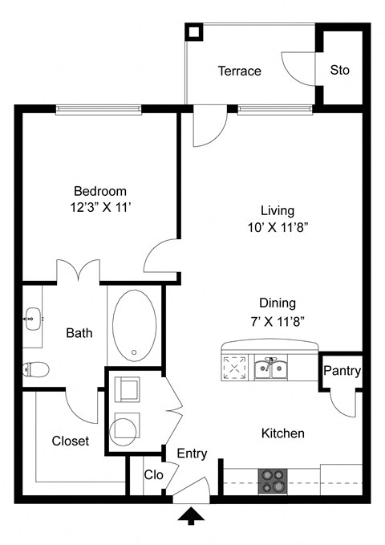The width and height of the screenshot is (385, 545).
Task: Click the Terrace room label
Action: click(x=239, y=71)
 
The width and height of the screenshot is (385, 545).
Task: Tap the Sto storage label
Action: click(x=340, y=70)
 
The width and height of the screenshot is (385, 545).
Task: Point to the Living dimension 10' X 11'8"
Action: click(x=278, y=226)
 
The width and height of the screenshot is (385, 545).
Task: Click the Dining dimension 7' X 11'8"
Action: click(x=278, y=321)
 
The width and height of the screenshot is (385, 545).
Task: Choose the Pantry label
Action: click(x=342, y=372)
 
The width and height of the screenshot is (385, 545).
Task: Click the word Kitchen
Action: click(x=283, y=433)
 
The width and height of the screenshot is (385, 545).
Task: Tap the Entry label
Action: click(x=192, y=453)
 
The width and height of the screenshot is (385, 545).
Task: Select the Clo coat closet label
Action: click(x=154, y=475)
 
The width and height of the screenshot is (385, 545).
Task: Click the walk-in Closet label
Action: click(x=71, y=441)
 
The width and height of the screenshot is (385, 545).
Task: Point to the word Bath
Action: click(x=79, y=332)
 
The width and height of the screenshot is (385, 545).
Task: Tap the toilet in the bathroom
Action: click(x=35, y=369)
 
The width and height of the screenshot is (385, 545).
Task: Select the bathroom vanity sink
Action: click(x=32, y=318)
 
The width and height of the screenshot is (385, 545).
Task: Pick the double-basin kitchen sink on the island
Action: click(x=272, y=368)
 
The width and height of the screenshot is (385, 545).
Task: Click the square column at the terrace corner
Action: click(x=194, y=32)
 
